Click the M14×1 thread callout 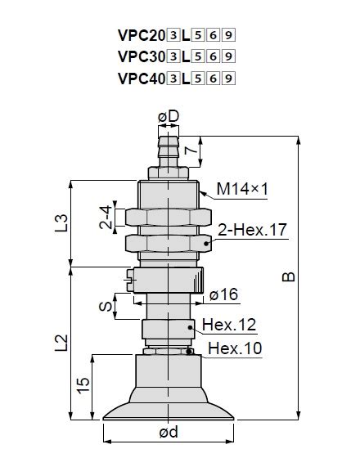[243, 190]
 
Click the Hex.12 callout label [229, 325]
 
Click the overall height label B [289, 278]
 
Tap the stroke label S [104, 306]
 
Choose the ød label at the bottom [168, 433]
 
